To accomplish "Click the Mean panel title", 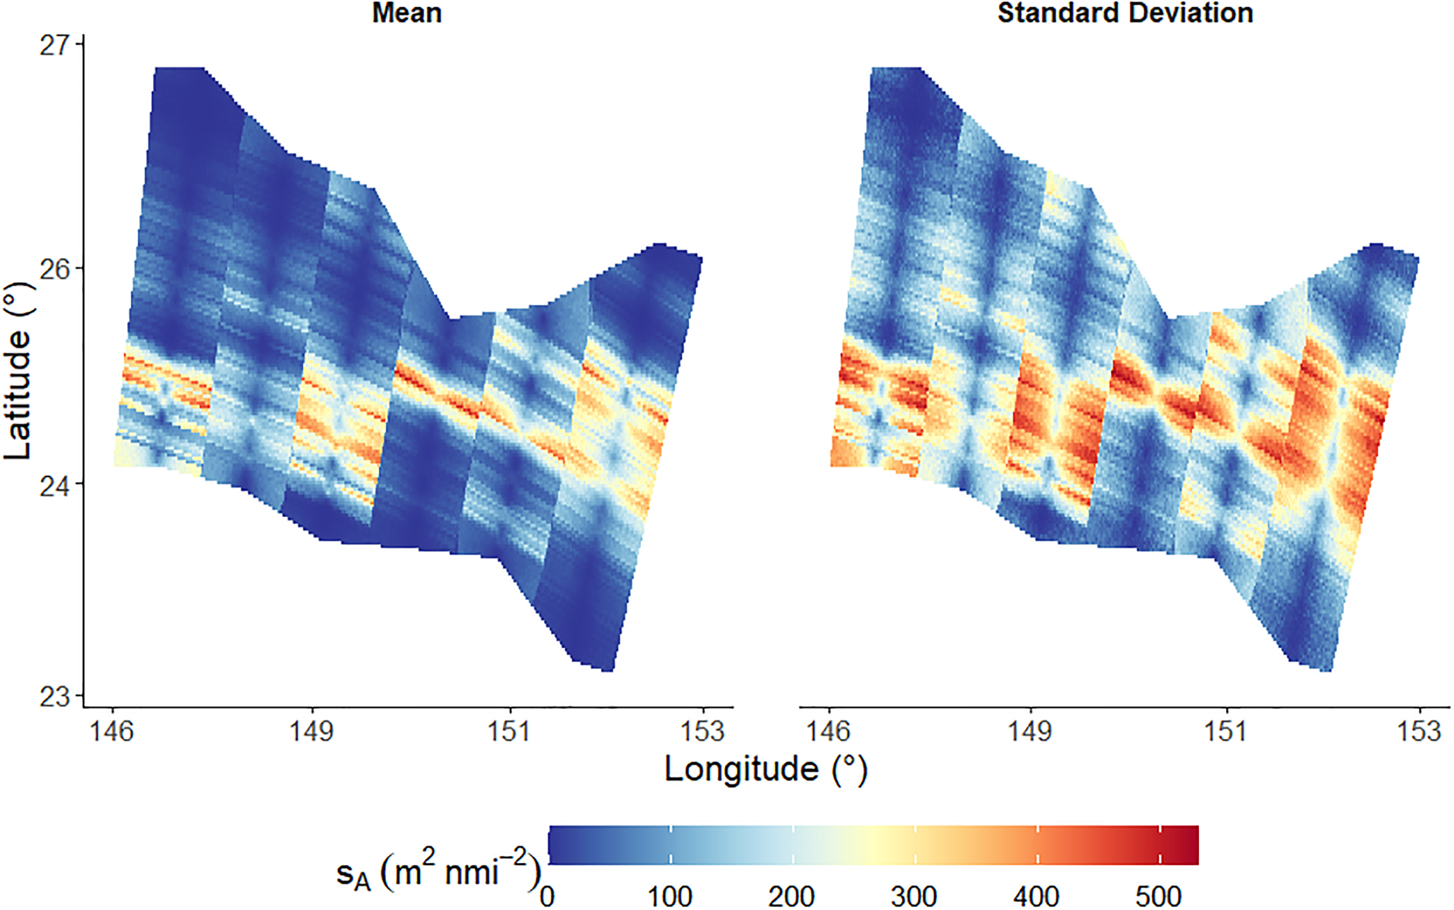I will click(x=407, y=13).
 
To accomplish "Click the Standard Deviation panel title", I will click(x=1125, y=13).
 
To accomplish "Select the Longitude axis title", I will click(x=765, y=769).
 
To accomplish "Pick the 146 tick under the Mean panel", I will click(x=112, y=731).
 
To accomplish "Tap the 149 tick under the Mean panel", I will click(x=312, y=731).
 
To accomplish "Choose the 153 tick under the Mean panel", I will click(x=703, y=731).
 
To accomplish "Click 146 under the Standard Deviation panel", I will click(x=828, y=731).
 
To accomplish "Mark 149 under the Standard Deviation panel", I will click(x=1031, y=731).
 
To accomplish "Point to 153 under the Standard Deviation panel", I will click(x=1420, y=731).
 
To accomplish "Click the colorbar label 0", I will click(x=547, y=896).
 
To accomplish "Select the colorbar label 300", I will click(x=914, y=896).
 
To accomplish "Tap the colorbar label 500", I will click(x=1158, y=896).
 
